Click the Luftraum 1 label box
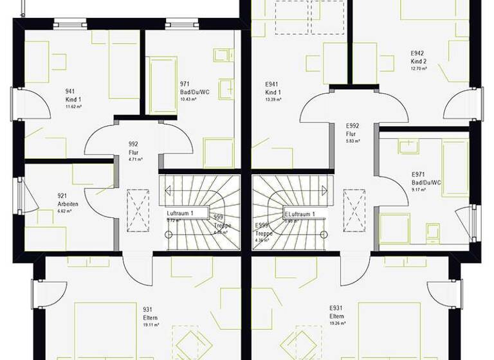pyautogui.click(x=187, y=213)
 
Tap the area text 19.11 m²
pyautogui.click(x=151, y=325)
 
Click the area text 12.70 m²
pyautogui.click(x=419, y=69)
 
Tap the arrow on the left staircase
pyautogui.click(x=169, y=190)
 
